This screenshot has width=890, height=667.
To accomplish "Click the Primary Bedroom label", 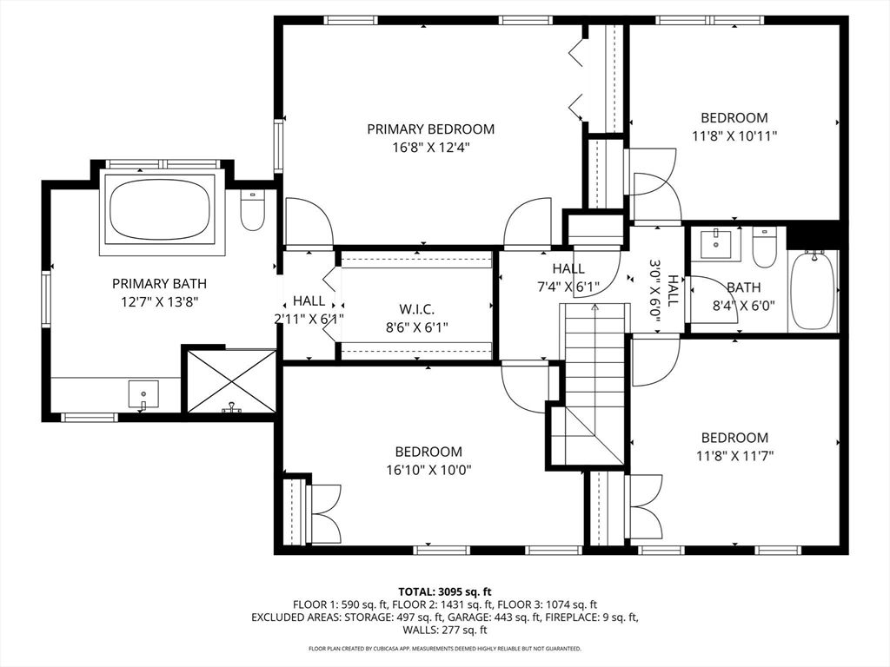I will point(430,129).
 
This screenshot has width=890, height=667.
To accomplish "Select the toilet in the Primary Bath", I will point(252,211).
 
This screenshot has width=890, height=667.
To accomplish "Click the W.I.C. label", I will point(416,309).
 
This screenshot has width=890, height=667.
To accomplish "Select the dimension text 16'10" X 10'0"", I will point(428,470).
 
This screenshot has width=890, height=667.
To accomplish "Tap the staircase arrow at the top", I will point(594,307).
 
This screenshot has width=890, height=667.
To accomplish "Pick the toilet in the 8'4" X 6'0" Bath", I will point(764,248).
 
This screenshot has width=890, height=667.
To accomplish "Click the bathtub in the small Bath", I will point(813,290).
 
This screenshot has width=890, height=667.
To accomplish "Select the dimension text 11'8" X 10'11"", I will point(734,135).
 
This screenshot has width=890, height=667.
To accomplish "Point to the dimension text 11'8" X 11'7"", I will point(734,455).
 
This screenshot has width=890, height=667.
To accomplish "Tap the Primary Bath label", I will point(159,283).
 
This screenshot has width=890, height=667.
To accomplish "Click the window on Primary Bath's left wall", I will point(46,299).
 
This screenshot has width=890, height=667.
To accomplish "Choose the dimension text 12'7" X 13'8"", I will point(159,300).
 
